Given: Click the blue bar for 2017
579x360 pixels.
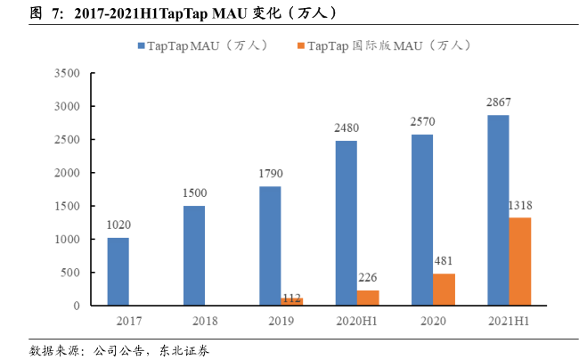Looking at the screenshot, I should click(118, 272).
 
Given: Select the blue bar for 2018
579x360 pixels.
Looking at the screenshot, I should click(194, 256).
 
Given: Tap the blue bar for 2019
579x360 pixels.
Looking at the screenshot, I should click(270, 246).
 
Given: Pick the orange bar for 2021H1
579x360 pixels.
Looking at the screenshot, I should click(520, 261).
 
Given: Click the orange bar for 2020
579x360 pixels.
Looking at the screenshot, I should click(444, 290).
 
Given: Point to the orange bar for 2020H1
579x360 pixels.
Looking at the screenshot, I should click(368, 298).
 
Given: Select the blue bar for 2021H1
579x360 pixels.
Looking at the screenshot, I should click(498, 210).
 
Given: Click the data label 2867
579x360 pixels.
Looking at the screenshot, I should click(498, 102).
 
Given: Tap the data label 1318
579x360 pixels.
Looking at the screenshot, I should click(520, 206).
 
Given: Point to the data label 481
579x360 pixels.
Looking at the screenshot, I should click(444, 261).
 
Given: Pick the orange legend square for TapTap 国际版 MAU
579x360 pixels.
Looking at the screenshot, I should click(301, 45).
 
